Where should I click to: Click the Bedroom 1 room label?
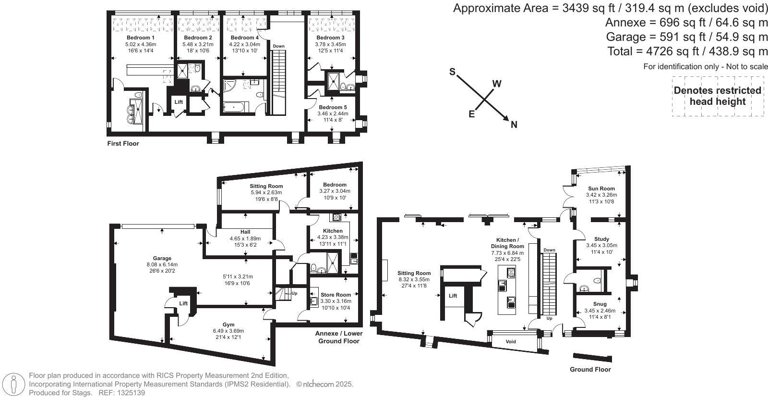coord(141,38)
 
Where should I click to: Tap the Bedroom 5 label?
coord(333,108)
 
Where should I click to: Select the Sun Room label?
coord(601,188)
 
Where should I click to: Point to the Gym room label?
coord(228,325)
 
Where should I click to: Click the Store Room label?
coord(336,295)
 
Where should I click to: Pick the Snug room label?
coord(600,304)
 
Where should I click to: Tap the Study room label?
coord(602,239)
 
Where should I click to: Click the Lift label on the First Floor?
coord(179,102)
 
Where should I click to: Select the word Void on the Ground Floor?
coord(511,342)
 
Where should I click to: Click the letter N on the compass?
coord(514,125)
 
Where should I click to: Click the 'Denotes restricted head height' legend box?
coord(718,96)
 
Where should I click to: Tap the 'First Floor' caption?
coord(123,144)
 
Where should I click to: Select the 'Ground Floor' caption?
coord(590,369)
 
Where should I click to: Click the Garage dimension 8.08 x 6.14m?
coord(162,265)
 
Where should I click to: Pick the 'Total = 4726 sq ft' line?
coord(687,51)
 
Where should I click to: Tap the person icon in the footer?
coord(13,384)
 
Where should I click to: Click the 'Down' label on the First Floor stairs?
coord(279,46)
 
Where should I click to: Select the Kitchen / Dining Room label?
coord(507,243)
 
